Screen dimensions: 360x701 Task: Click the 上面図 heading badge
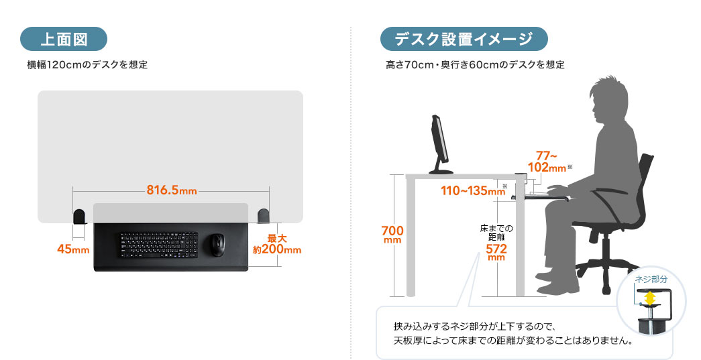[x=64, y=39]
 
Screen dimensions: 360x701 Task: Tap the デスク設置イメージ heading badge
[x=464, y=39]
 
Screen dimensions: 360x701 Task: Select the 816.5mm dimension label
[x=171, y=190]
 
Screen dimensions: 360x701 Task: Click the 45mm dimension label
[x=73, y=249]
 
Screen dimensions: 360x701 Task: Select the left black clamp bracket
[x=79, y=216]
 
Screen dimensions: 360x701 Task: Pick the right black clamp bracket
[x=264, y=215]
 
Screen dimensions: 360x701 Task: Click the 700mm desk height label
[x=392, y=235]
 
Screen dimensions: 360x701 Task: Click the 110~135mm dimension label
[x=472, y=191]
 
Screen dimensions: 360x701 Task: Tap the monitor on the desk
[x=439, y=143]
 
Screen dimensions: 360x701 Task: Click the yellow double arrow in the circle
[x=649, y=297]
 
